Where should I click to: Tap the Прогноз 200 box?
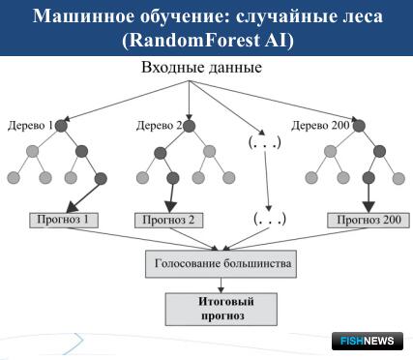tap(368, 220)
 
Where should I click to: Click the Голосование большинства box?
tap(221, 262)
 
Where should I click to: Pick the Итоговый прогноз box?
tap(221, 309)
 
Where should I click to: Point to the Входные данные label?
tap(201, 70)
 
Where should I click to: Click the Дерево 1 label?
tap(30, 125)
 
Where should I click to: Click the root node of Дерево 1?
tap(63, 125)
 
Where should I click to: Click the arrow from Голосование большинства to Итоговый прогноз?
tap(221, 283)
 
